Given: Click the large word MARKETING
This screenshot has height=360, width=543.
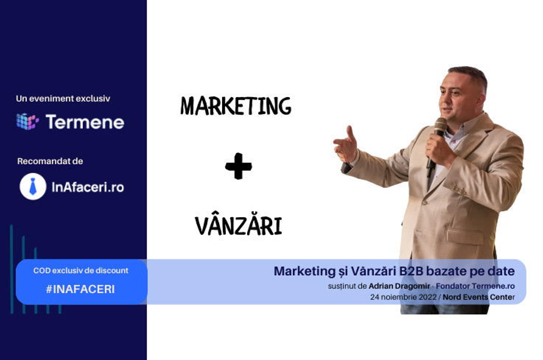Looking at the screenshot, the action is [236, 106].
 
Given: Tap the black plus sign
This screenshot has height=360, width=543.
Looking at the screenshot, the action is [239, 166].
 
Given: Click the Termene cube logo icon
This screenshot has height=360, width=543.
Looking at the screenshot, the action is [27, 121].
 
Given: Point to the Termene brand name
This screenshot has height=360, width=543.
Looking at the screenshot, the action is [85, 122].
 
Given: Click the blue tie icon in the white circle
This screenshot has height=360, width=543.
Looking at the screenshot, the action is [33, 187].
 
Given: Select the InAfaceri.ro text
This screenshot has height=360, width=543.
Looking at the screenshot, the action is [88, 187].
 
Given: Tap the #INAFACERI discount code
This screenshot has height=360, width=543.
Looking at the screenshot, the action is [81, 289].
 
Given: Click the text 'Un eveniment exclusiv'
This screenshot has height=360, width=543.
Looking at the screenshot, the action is [63, 98].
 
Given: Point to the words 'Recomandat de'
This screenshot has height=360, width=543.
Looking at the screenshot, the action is [50, 161].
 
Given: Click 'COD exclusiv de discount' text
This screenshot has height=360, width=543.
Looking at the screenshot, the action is [81, 270].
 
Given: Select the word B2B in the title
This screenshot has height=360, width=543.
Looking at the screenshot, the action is [411, 271].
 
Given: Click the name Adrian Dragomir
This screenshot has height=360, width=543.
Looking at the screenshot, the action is [399, 286].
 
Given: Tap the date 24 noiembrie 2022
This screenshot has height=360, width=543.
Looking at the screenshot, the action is [403, 297].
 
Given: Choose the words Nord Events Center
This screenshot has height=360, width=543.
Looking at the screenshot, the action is [478, 297].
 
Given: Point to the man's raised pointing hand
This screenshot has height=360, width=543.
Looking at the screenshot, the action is [345, 145].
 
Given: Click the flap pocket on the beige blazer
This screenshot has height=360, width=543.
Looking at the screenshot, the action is [465, 236].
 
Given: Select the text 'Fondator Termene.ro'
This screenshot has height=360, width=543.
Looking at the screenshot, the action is [475, 286].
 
